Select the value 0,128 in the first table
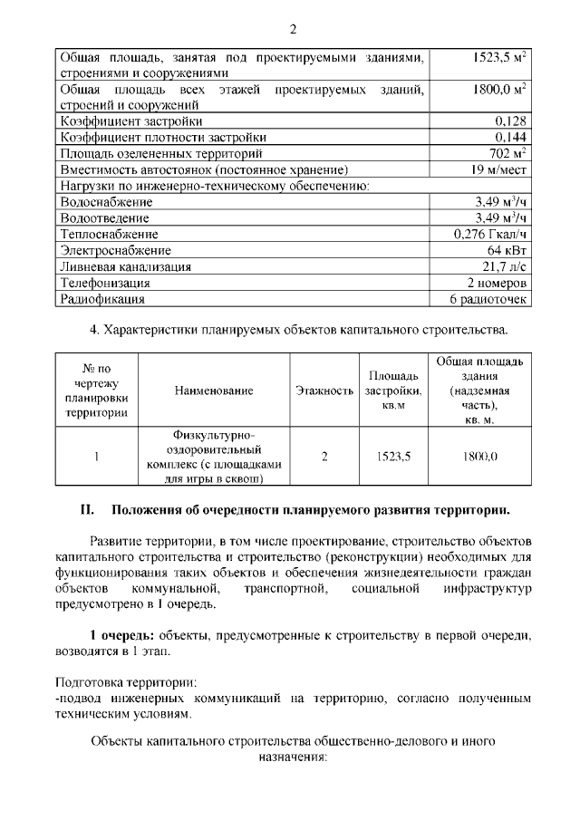pyautogui.click(x=511, y=121)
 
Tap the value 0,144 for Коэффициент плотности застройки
pyautogui.click(x=511, y=137)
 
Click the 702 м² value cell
pyautogui.click(x=508, y=153)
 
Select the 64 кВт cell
pyautogui.click(x=507, y=250)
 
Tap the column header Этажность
pyautogui.click(x=324, y=391)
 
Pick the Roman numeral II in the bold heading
pyautogui.click(x=88, y=509)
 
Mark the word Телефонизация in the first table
pyautogui.click(x=104, y=283)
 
